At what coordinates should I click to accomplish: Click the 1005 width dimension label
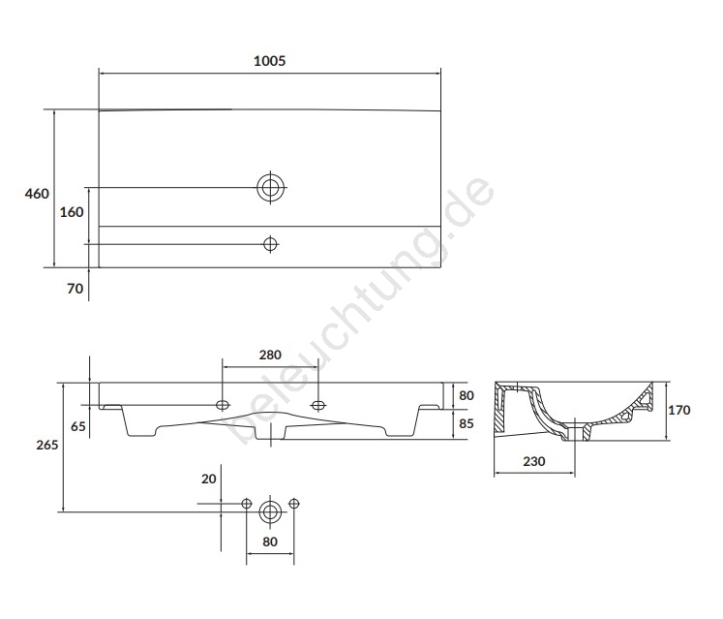pos(270,61)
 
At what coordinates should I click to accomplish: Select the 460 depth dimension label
pos(37,194)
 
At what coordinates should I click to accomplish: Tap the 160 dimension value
pos(72,212)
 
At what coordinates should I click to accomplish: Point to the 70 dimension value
pos(75,289)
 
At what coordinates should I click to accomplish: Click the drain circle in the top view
pos(270,187)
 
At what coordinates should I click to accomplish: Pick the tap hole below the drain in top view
pos(270,244)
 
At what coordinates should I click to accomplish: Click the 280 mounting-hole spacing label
pos(270,355)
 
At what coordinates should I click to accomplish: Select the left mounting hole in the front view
pos(223,405)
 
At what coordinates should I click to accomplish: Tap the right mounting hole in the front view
pos(318,405)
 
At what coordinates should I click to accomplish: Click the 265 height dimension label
pos(47,445)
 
